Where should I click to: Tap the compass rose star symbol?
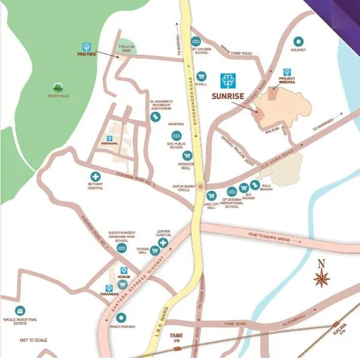point(321,278)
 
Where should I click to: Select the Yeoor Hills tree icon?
point(58,87)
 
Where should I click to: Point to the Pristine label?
point(86,54)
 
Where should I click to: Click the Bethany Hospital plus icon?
point(94,169)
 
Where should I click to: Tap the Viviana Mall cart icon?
point(154,251)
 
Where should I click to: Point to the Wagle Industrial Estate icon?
point(20,311)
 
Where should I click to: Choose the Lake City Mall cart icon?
point(210,195)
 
